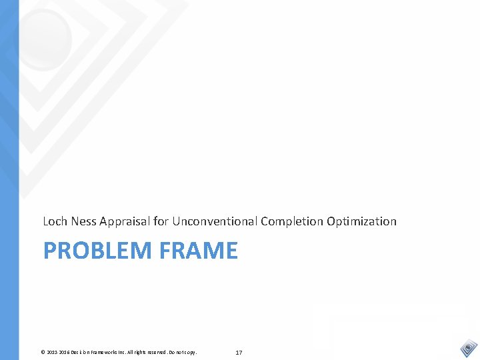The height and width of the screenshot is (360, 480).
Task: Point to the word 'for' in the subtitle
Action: pyautogui.click(x=161, y=221)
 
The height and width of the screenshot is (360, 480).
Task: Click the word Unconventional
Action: pyautogui.click(x=215, y=221)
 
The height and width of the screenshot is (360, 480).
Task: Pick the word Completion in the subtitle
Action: pyautogui.click(x=292, y=221)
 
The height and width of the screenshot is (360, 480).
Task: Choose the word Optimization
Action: pyautogui.click(x=361, y=221)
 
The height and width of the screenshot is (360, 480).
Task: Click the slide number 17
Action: pyautogui.click(x=239, y=351)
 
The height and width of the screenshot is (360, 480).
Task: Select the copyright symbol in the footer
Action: pyautogui.click(x=43, y=351)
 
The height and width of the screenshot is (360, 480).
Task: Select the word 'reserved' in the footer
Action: pyautogui.click(x=157, y=351)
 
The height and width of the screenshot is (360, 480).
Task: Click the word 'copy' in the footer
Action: pyautogui.click(x=191, y=351)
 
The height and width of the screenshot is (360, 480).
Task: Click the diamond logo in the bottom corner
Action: pyautogui.click(x=469, y=348)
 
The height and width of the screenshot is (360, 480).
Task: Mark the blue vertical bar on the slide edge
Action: pyautogui.click(x=9, y=180)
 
